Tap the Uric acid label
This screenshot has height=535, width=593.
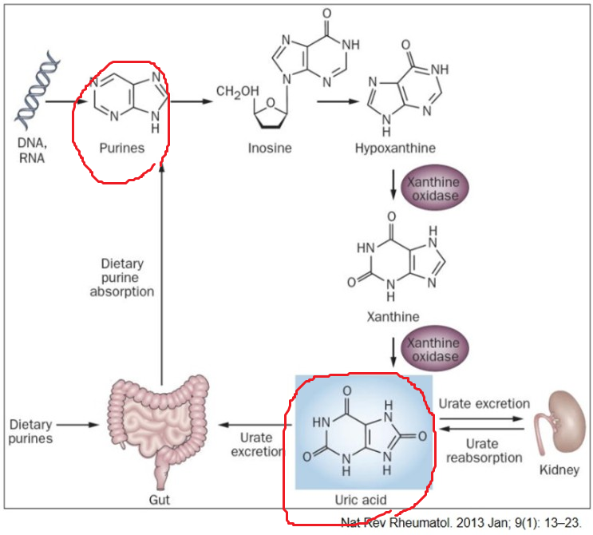[x=362, y=500]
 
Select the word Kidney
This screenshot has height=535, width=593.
[x=558, y=470]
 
